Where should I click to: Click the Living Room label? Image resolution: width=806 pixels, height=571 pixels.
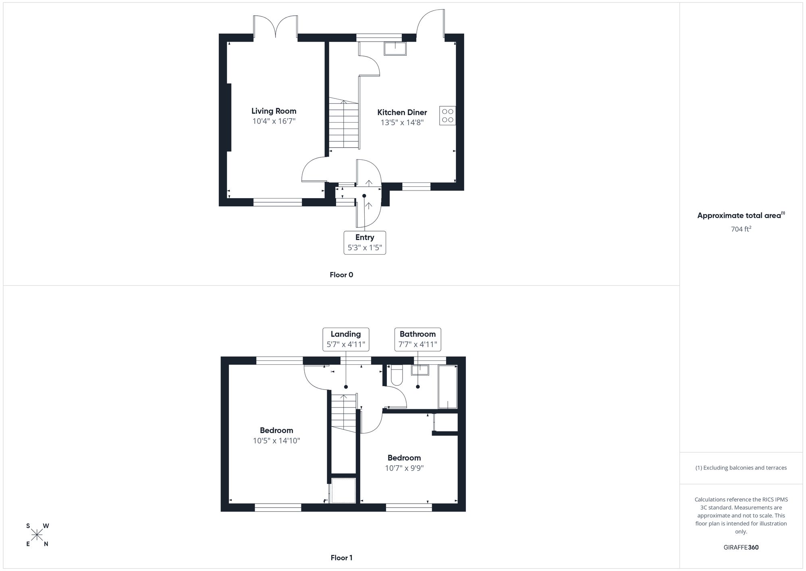[274, 111]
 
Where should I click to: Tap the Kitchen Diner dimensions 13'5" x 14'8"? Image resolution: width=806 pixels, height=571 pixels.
[402, 123]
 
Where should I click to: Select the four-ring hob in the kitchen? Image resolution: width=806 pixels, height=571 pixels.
[447, 116]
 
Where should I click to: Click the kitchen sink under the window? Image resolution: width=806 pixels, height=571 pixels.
[395, 48]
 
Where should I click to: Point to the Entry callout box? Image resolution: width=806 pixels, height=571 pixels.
[365, 243]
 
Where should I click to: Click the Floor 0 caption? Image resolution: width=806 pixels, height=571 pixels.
[341, 275]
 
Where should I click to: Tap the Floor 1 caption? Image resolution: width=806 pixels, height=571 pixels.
[341, 558]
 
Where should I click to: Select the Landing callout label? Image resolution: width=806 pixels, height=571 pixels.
[346, 334]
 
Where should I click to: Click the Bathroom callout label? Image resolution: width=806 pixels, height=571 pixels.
[418, 334]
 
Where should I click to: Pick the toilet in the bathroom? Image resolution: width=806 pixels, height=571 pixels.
[397, 375]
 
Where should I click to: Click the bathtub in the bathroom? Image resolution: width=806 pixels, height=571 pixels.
[448, 387]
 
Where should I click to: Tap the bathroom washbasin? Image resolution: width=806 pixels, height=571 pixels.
[420, 370]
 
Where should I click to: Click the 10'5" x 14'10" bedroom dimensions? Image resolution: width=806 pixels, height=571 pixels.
[276, 441]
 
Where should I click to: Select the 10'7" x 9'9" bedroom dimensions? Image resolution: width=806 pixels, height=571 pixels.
[404, 468]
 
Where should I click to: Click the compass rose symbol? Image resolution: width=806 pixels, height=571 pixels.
[37, 535]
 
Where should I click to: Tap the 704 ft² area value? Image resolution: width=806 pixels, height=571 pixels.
[741, 229]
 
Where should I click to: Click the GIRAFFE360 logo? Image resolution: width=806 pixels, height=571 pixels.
[741, 548]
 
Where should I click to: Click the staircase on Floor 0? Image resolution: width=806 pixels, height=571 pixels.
[344, 124]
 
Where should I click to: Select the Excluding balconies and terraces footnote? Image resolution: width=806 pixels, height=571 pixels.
[741, 468]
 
